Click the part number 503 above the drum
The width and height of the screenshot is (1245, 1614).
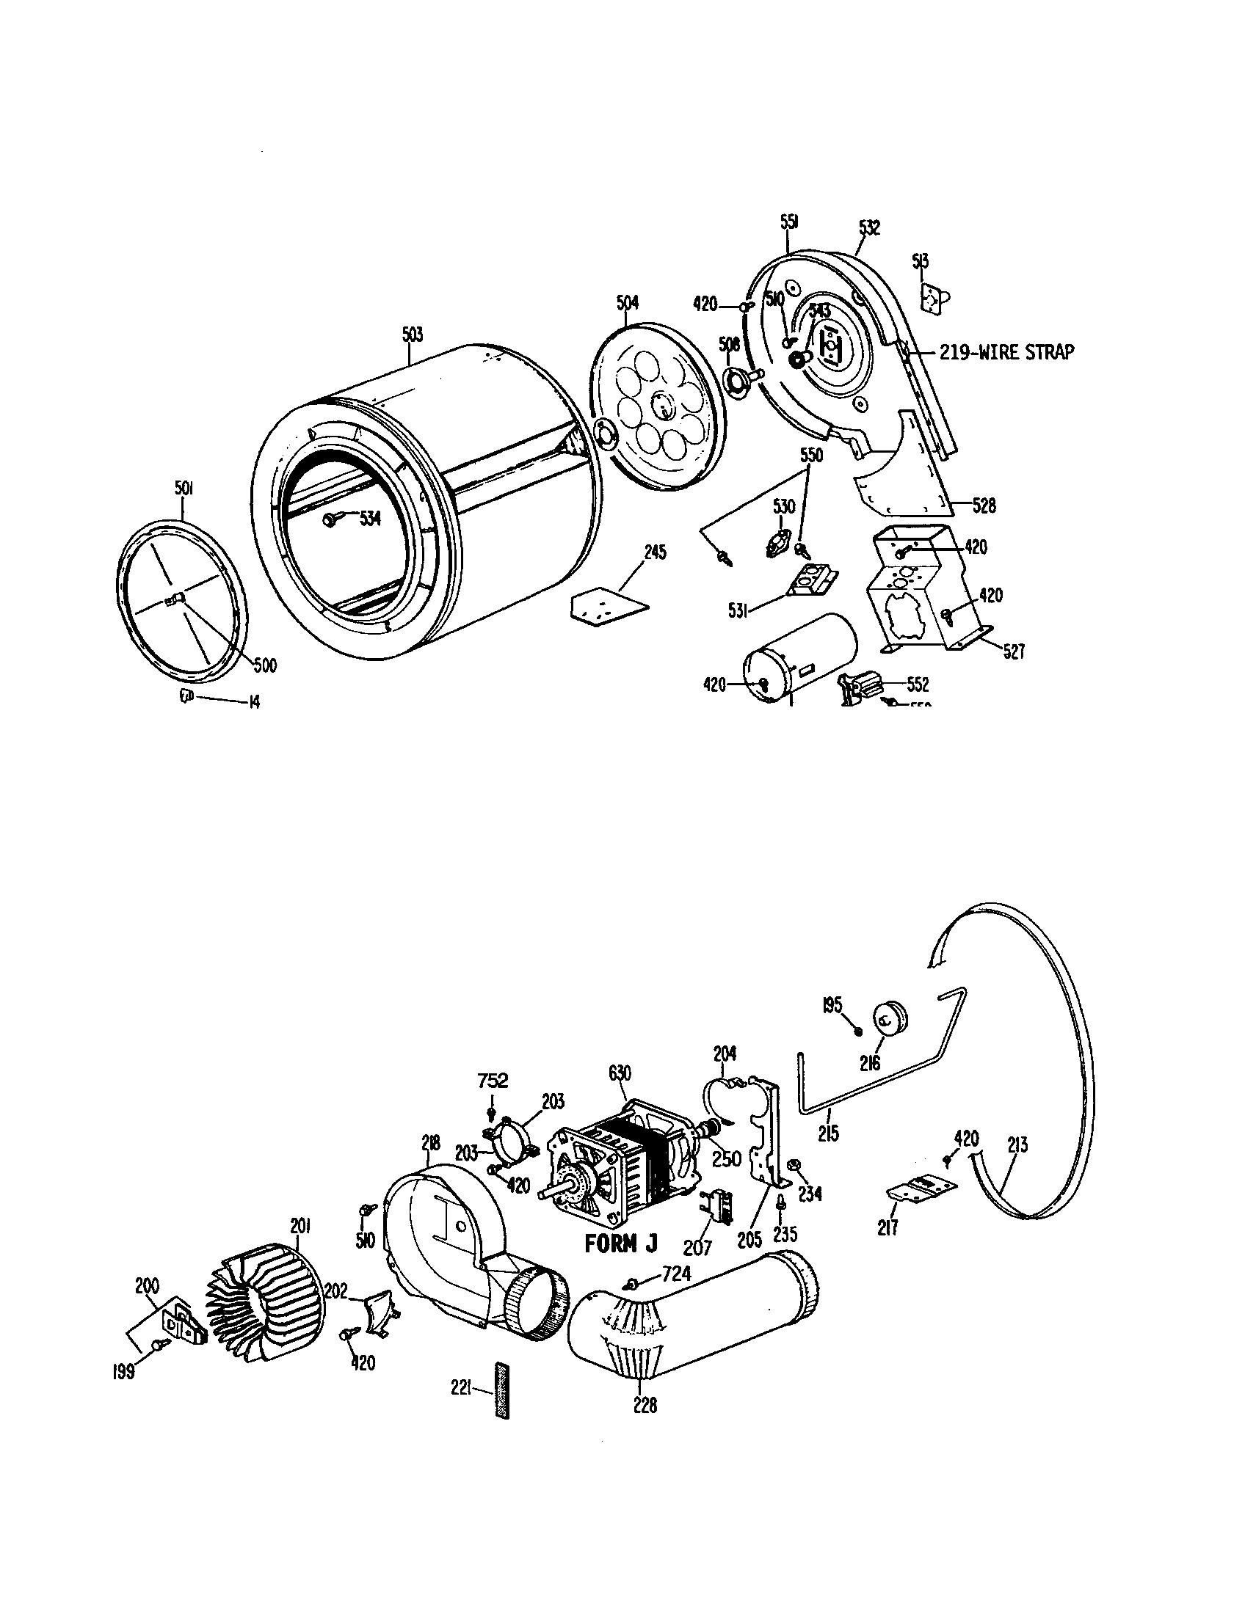pyautogui.click(x=413, y=335)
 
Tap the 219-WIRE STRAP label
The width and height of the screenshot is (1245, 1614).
pyautogui.click(x=1006, y=352)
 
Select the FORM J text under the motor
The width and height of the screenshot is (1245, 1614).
pyautogui.click(x=620, y=1244)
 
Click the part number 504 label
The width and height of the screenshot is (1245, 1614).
pyautogui.click(x=627, y=302)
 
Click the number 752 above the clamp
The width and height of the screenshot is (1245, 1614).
pyautogui.click(x=493, y=1081)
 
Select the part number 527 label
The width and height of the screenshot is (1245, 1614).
pyautogui.click(x=1014, y=651)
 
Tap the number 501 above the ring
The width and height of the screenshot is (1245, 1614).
pyautogui.click(x=184, y=489)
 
